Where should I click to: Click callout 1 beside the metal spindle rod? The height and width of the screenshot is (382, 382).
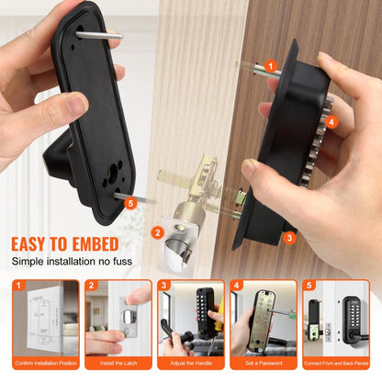(x=270, y=66)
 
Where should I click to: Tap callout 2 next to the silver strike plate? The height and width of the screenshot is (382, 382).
(x=158, y=232)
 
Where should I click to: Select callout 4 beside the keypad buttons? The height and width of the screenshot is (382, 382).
(x=330, y=121)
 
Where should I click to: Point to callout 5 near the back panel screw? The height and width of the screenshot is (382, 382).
(x=129, y=203)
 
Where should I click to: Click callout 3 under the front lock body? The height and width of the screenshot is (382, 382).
(x=289, y=237)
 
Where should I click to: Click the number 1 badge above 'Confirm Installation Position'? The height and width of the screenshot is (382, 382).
(x=17, y=286)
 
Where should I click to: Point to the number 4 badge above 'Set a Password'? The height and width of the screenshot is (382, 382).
(x=236, y=286)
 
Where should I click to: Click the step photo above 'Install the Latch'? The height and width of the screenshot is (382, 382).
(x=118, y=322)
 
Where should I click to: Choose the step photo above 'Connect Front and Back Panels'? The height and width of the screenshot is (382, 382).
(x=337, y=322)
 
